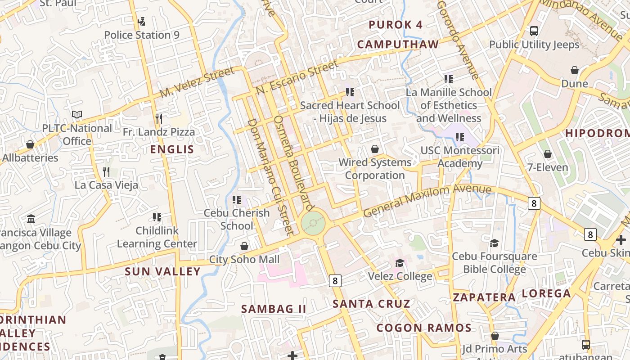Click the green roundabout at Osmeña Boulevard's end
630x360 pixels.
[313, 222]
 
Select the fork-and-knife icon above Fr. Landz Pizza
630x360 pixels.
[158, 119]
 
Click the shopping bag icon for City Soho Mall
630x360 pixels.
[244, 246]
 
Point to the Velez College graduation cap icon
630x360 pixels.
[399, 263]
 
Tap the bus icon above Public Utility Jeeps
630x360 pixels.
[534, 31]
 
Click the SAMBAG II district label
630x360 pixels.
[274, 309]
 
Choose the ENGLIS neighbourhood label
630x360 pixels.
[172, 149]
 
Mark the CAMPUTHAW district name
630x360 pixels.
[398, 44]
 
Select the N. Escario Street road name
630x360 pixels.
[297, 77]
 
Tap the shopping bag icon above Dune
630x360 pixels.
[575, 70]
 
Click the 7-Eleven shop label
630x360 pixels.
[548, 167]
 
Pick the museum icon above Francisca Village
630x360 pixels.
[31, 219]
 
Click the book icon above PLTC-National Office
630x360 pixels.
[77, 115]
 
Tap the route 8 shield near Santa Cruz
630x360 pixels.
[335, 281]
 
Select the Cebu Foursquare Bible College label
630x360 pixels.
[494, 263]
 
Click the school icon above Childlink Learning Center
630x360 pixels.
[157, 217]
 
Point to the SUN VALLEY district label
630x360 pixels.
[162, 271]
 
